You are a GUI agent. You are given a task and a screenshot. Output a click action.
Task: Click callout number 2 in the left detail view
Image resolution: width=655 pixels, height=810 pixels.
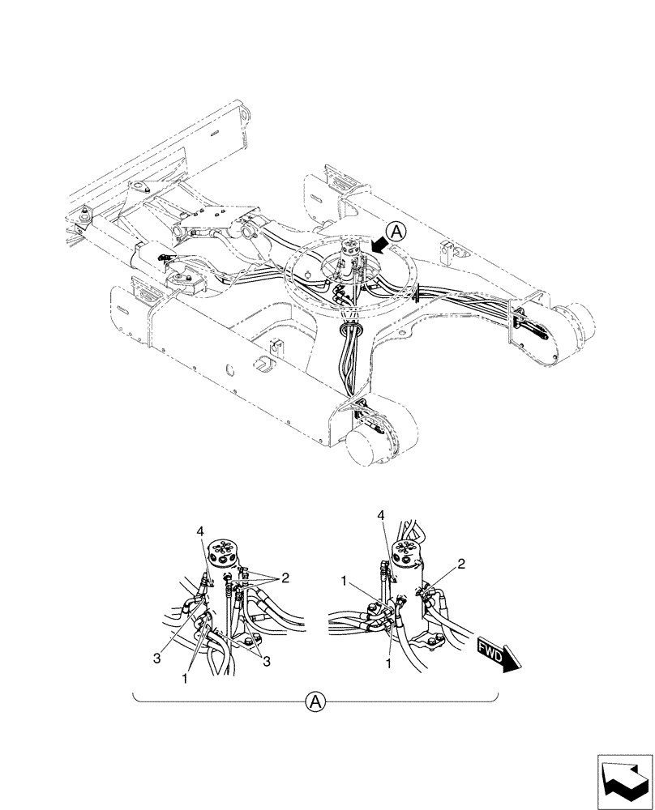(285, 578)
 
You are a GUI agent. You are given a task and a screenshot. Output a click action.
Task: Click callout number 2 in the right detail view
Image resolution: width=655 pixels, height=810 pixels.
(460, 564)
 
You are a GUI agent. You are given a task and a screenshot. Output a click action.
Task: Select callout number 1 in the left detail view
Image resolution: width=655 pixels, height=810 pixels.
(185, 676)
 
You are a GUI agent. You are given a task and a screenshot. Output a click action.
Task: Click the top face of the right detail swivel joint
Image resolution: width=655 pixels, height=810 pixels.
(406, 550)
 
